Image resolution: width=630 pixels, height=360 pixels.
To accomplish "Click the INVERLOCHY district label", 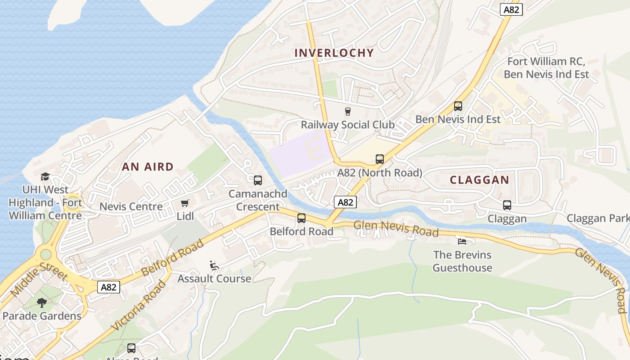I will pos(334,53).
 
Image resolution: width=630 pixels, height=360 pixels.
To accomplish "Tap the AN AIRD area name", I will pos(148,166).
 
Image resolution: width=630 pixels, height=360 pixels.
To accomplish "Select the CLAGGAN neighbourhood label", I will pos(480,180).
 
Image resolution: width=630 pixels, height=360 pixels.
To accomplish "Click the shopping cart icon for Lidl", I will pos(184,203).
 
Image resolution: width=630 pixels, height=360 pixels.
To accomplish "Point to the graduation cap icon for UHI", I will pos(45,176).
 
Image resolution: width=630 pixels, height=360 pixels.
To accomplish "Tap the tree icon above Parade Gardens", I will pos(42,303).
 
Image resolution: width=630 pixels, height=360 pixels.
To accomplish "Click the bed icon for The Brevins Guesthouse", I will pos(462,241).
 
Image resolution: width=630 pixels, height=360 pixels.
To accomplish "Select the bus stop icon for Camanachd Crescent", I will pos(257,180).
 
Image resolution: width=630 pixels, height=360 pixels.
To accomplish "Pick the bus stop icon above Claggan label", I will pos(507,205).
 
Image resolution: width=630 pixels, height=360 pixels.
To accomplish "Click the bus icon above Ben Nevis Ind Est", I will pos(458,106).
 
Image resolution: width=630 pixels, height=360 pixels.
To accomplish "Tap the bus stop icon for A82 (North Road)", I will pos(379,159).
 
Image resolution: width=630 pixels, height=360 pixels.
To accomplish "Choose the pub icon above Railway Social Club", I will pos(347,111).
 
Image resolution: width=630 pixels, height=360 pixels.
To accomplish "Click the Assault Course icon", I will pos(214,265).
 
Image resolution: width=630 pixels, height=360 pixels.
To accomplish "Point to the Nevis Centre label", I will pos(131,207).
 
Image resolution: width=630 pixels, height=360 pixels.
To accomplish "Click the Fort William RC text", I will pos(546,61).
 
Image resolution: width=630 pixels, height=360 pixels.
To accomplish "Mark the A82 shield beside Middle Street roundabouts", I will pos(109,287).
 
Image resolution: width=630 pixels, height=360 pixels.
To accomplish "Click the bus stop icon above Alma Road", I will pos(131,348).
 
